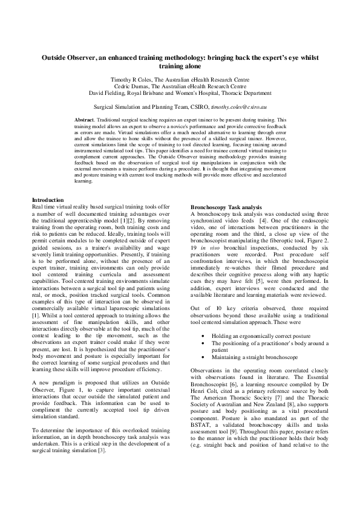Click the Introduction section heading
point(48,199)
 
